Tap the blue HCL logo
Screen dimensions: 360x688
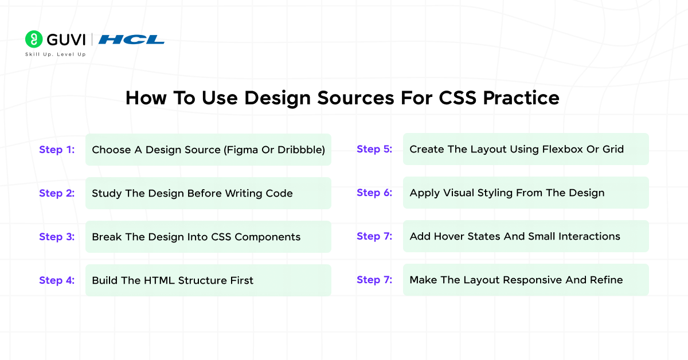click(131, 40)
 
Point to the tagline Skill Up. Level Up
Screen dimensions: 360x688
click(55, 54)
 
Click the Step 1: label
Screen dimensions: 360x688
click(57, 150)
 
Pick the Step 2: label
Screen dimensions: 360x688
click(57, 193)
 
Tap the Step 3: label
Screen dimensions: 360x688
click(57, 237)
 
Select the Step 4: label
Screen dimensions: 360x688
click(57, 280)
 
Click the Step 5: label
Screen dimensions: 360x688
click(374, 149)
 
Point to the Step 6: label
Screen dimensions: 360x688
click(374, 193)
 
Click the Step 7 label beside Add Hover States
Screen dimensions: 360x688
click(374, 236)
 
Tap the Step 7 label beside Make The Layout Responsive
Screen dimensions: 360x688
click(374, 280)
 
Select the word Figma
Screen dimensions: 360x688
click(243, 150)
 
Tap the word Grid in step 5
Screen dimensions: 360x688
click(613, 149)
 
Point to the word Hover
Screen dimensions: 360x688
click(451, 236)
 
